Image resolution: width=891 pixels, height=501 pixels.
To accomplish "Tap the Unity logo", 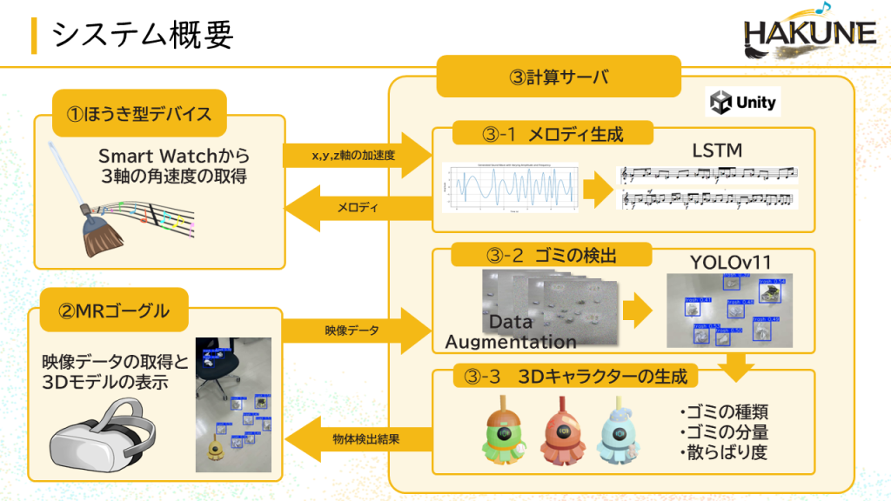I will tap(742, 102).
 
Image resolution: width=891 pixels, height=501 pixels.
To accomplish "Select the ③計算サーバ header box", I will tap(558, 77).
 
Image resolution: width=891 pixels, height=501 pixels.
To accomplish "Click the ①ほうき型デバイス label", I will tap(139, 113).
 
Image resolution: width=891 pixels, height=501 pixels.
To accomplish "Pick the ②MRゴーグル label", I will tap(114, 309).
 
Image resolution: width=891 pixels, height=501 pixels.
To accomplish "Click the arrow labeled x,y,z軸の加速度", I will tap(357, 155).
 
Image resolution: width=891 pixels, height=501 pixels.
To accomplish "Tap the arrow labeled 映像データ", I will tap(357, 331).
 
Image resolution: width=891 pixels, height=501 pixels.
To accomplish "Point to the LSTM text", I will tap(717, 150).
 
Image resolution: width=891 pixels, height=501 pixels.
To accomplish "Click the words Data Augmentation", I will tap(511, 331).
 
